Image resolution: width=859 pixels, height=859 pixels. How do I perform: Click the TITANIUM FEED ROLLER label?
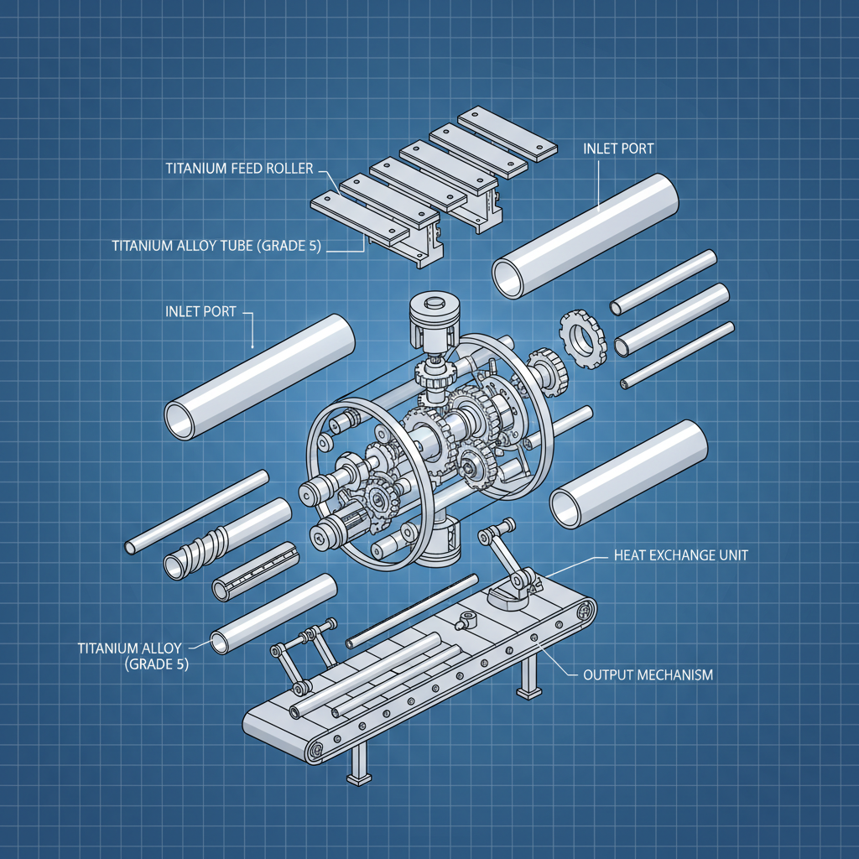(239, 169)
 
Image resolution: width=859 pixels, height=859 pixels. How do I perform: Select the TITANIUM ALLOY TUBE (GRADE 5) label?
(216, 246)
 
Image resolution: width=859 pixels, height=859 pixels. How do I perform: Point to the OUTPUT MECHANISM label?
(648, 674)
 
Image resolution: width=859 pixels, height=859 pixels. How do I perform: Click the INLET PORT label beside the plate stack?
(618, 148)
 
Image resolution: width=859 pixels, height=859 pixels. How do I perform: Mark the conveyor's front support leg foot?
(358, 778)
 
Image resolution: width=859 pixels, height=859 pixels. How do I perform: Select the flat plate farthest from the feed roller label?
(507, 134)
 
